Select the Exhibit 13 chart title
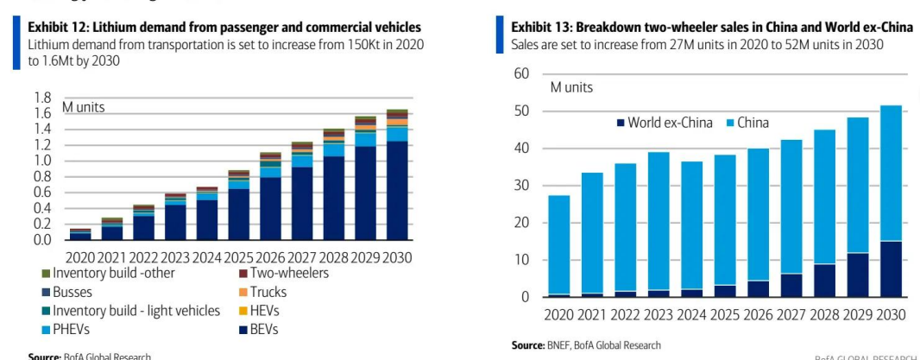[x=711, y=28]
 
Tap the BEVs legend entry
[x=270, y=329]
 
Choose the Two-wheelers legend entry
[x=282, y=274]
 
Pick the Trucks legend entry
[x=268, y=292]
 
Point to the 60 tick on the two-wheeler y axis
[x=520, y=74]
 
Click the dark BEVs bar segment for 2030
[x=397, y=190]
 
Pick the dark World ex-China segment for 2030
[x=890, y=268]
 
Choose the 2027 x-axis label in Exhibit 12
[x=301, y=257]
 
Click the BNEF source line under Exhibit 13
[x=586, y=345]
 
